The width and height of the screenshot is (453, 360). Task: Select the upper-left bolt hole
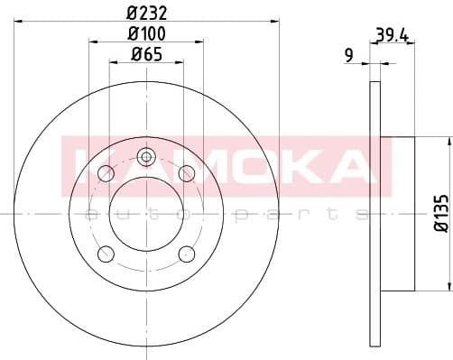point(106,172)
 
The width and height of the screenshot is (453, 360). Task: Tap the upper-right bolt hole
point(187,172)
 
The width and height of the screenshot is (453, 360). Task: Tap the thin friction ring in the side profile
point(374,213)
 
